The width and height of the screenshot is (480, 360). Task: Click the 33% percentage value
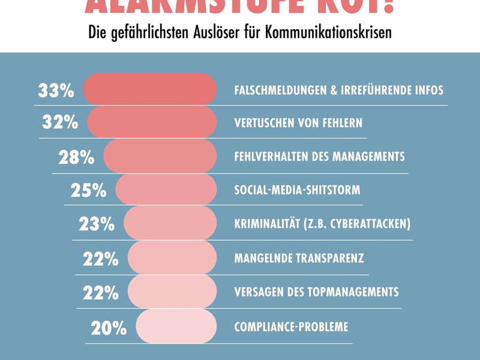56,91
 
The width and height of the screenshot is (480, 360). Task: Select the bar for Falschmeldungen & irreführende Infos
149,89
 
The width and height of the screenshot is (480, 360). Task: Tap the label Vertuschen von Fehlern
298,123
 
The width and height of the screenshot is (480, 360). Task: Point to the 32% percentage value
60,122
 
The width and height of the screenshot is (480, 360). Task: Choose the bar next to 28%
160,157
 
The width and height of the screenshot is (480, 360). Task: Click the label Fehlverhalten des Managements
319,157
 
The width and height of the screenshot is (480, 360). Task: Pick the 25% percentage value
88,190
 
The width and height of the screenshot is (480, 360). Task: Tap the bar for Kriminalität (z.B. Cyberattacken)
170,223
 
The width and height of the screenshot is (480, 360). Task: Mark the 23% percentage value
97,224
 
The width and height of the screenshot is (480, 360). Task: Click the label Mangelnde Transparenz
299,259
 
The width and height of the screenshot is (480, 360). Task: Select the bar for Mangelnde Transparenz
172,258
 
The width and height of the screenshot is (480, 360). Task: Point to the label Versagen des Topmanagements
316,292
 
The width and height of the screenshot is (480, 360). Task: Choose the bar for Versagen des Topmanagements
172,292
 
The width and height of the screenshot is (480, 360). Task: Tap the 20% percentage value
109,328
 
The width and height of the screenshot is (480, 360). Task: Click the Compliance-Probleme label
291,327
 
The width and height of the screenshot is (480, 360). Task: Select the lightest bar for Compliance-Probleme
176,326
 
